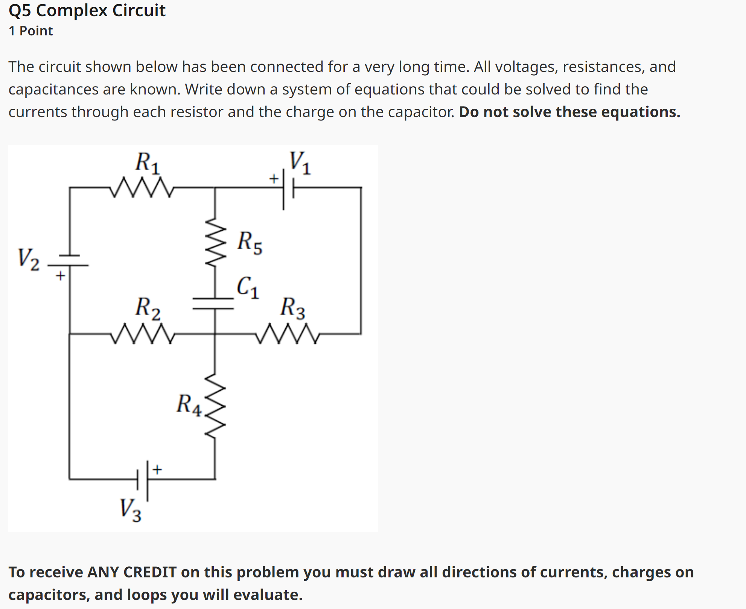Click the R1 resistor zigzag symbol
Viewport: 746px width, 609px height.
142,187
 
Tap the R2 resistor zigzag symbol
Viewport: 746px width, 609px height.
142,333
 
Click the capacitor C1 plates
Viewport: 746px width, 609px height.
213,303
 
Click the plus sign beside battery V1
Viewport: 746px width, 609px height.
274,178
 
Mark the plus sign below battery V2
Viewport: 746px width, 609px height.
60,276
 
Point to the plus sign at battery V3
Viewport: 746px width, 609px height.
157,469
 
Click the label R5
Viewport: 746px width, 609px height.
250,242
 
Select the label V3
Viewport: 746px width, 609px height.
130,510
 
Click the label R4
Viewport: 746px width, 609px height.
189,405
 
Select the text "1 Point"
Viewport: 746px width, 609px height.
31,31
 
